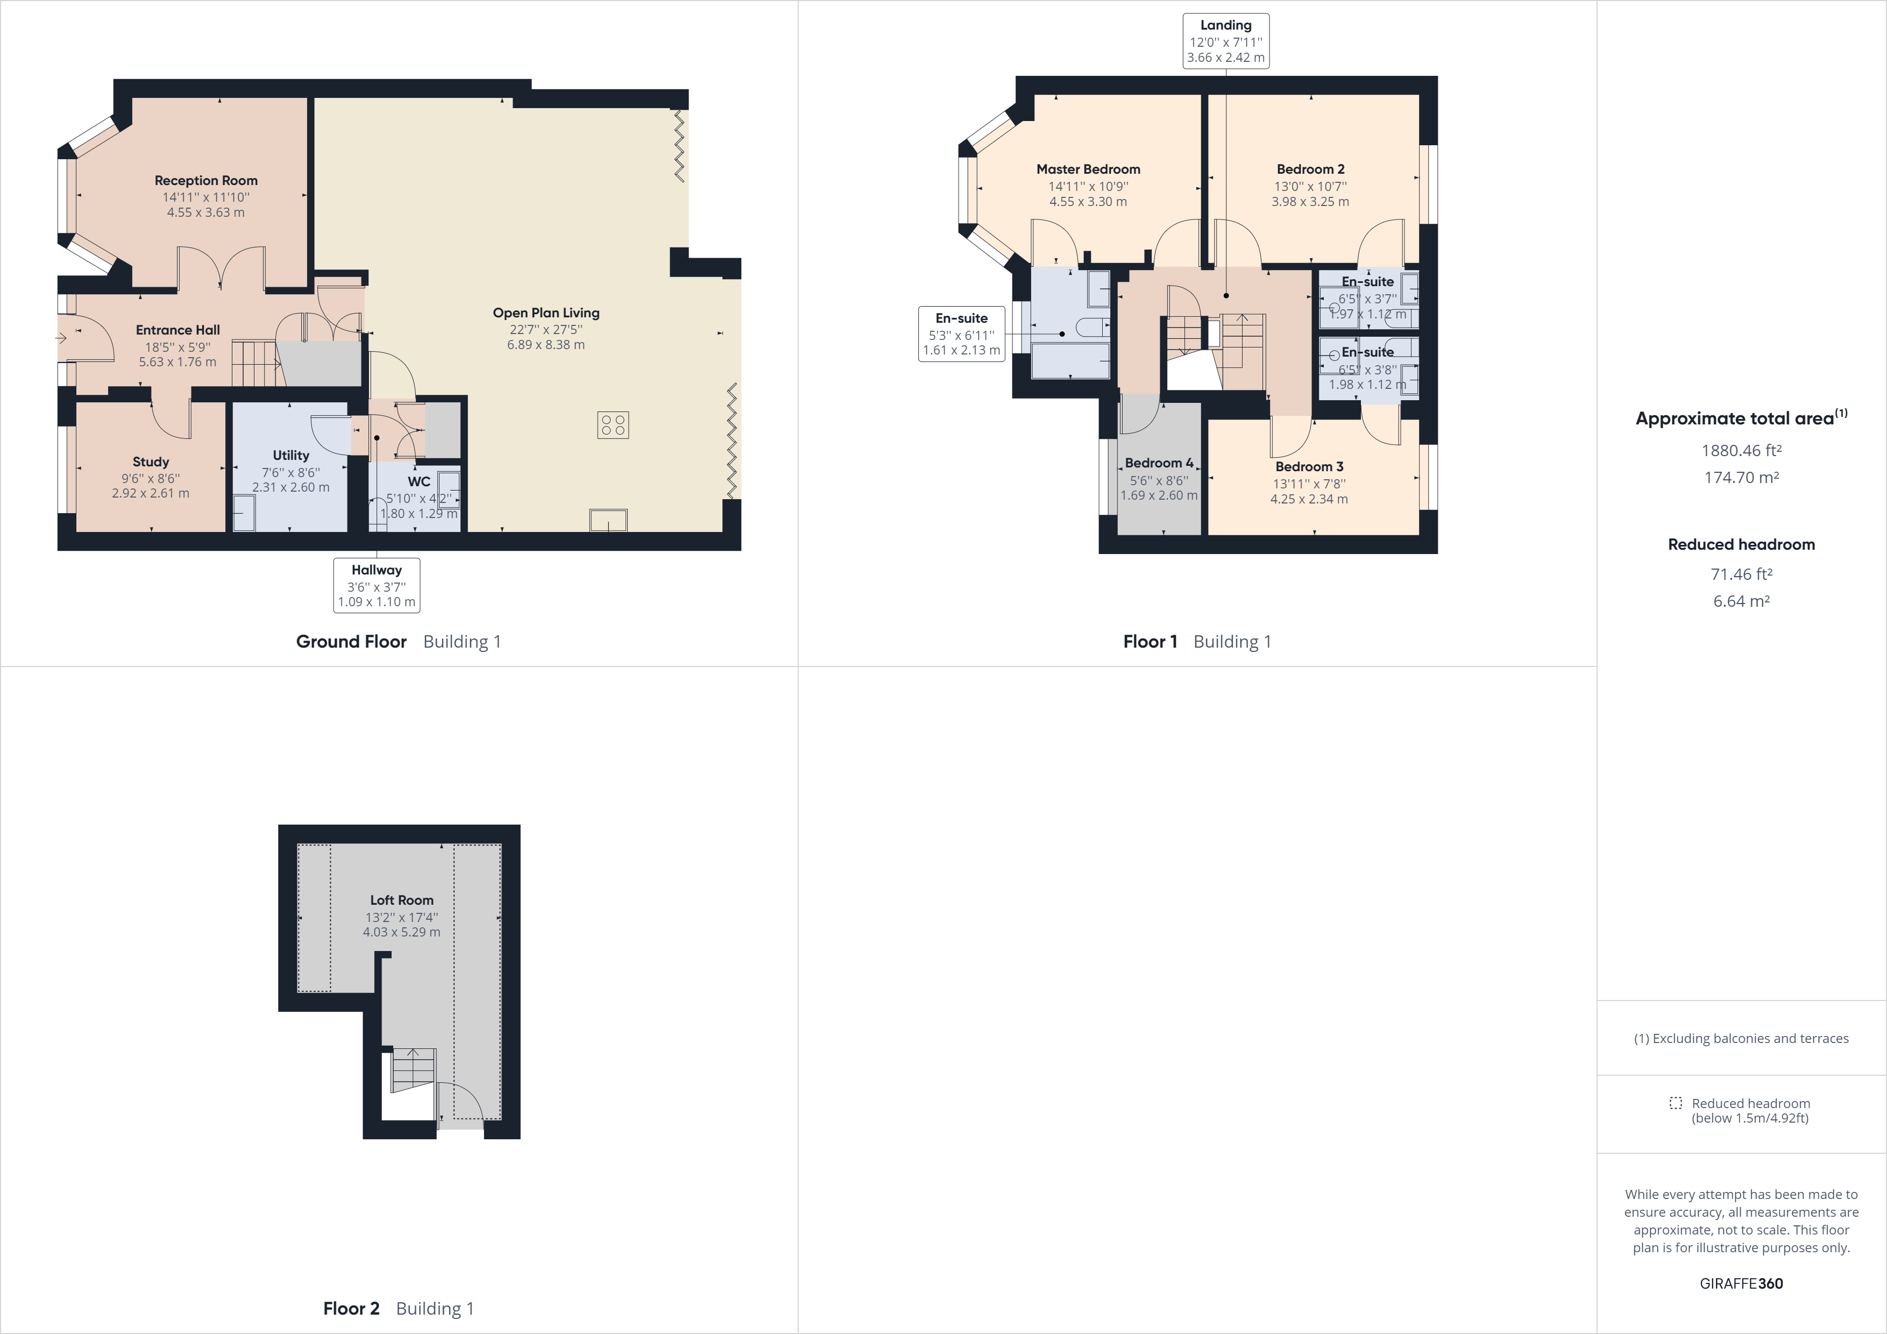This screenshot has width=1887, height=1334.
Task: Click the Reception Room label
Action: pyautogui.click(x=205, y=180)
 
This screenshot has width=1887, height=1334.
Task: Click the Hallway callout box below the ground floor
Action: pyautogui.click(x=377, y=585)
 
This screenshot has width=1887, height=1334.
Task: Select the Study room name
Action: pyautogui.click(x=151, y=462)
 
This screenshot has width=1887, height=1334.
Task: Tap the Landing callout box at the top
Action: pyautogui.click(x=1225, y=41)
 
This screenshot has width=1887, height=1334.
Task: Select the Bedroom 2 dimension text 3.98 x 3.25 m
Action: pyautogui.click(x=1310, y=201)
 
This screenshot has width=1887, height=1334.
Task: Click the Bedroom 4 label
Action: pyautogui.click(x=1159, y=463)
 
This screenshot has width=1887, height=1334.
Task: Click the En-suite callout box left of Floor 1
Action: pyautogui.click(x=961, y=334)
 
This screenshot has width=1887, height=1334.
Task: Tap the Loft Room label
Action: pyautogui.click(x=401, y=900)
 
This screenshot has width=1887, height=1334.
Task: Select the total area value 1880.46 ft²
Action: pyautogui.click(x=1741, y=450)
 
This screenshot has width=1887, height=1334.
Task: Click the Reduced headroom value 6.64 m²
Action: pyautogui.click(x=1741, y=601)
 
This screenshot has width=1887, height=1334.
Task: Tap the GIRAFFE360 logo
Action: pyautogui.click(x=1741, y=1283)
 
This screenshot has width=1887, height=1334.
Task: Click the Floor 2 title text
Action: pyautogui.click(x=351, y=1309)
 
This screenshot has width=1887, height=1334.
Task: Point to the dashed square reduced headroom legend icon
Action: pyautogui.click(x=1676, y=1103)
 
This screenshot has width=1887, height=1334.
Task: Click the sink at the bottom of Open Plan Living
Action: pyautogui.click(x=608, y=520)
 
